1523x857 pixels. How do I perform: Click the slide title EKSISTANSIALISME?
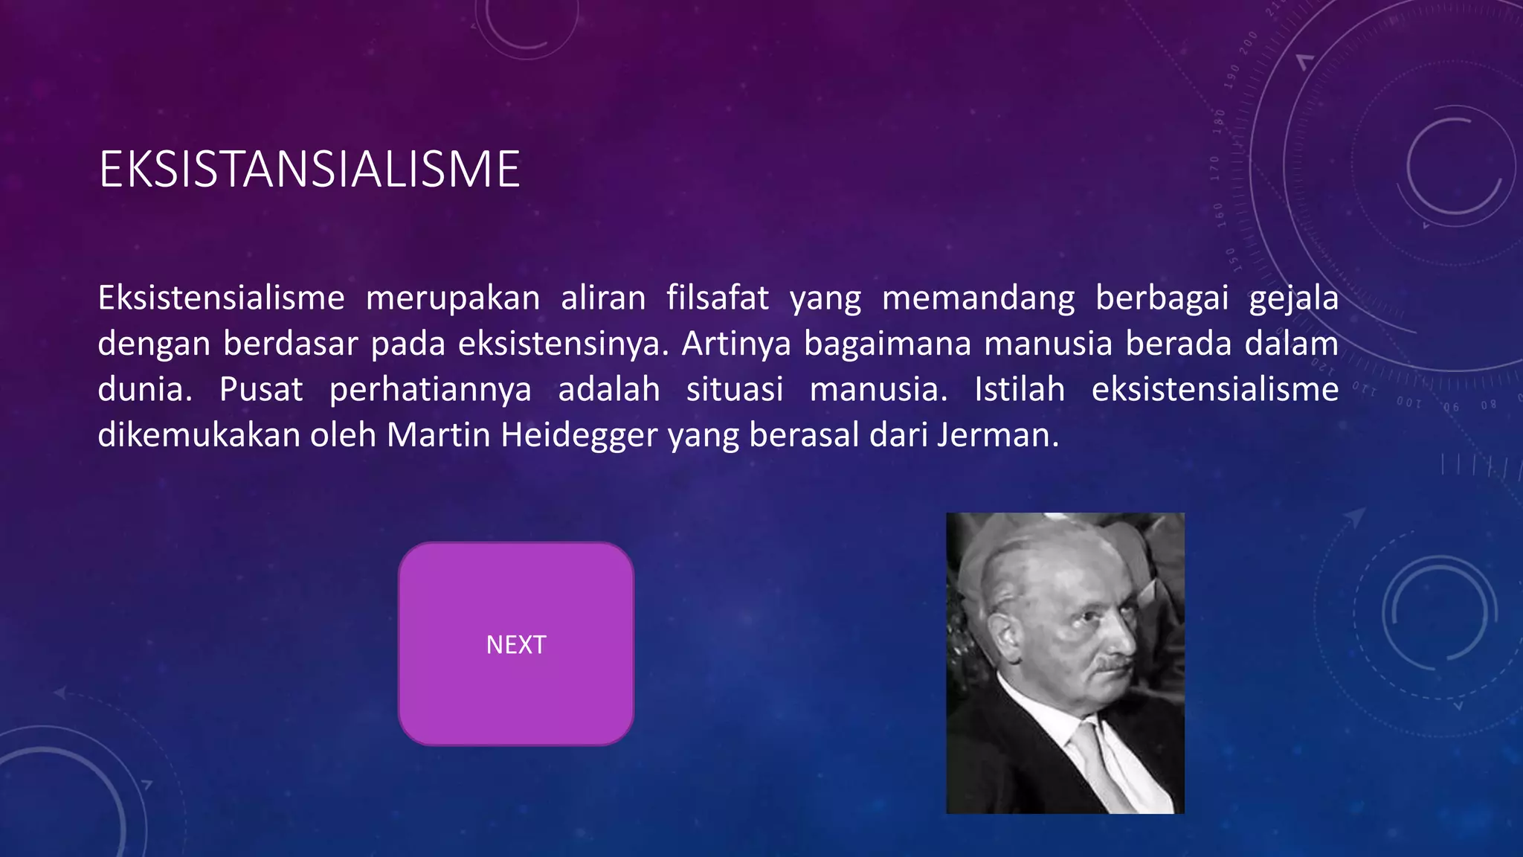click(309, 170)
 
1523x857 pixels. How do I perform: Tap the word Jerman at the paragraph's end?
click(996, 435)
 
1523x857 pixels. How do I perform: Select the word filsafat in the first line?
click(717, 298)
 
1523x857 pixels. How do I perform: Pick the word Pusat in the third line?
click(261, 390)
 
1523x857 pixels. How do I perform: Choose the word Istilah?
click(1020, 390)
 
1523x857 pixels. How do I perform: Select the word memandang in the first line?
click(978, 298)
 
